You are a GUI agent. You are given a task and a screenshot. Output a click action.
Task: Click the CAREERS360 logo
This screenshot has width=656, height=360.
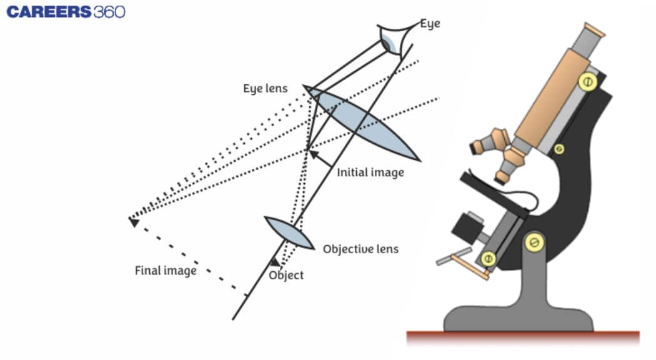pos(66,12)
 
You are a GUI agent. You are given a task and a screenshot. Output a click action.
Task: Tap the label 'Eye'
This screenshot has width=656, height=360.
pos(429,24)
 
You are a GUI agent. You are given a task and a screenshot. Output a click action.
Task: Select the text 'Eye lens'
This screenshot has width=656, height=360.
pos(265,89)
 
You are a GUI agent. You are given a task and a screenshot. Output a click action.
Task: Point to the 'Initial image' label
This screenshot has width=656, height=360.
pos(370,172)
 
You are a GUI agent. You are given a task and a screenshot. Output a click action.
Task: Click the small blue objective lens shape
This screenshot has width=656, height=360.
pos(289,233)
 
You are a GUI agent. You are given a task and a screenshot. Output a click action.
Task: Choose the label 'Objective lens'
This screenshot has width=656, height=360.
pos(360,249)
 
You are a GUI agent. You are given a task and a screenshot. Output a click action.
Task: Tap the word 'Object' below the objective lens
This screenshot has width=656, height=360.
pos(286,275)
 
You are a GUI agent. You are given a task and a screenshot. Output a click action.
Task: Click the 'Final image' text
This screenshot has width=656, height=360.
pos(166,271)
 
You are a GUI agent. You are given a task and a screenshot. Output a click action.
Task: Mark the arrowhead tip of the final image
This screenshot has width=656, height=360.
pos(133,221)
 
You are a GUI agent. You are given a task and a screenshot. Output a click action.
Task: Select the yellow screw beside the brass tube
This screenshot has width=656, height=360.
pos(586,81)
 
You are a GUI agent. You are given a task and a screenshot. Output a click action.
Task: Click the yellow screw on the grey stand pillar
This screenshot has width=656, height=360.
pos(534,241)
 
